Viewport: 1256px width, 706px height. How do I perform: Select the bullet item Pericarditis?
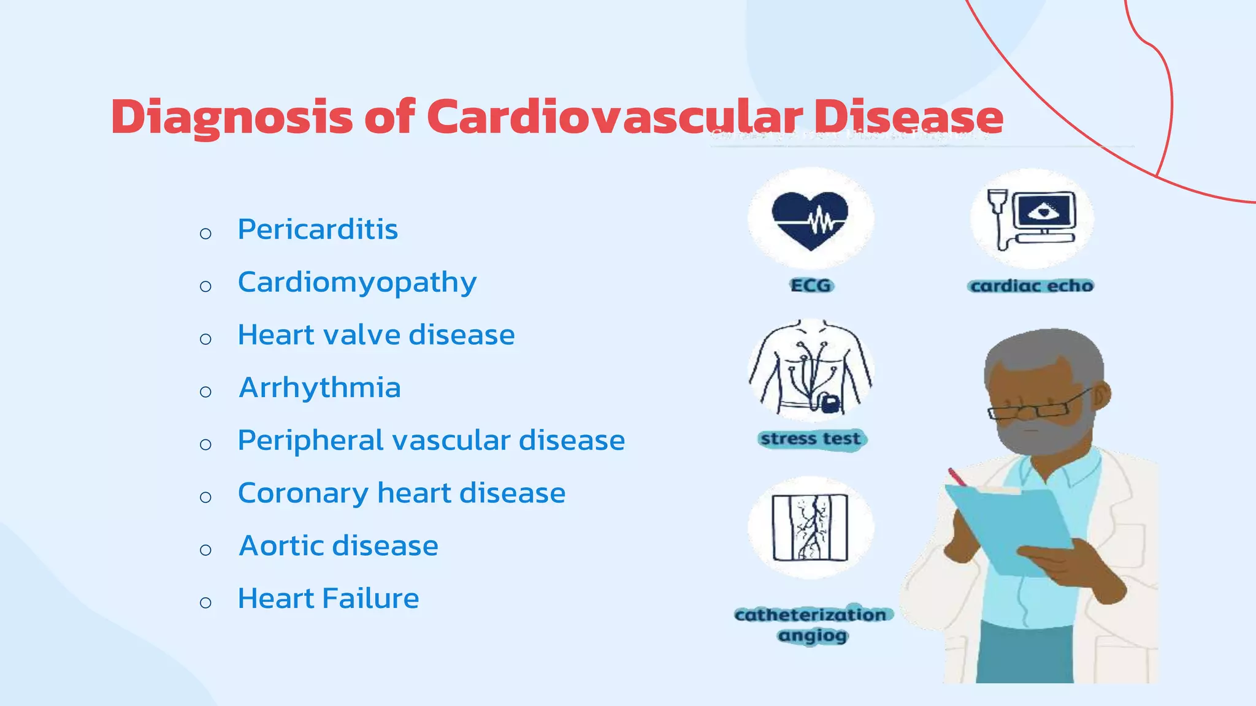(318, 229)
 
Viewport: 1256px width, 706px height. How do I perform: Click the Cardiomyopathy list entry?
(357, 283)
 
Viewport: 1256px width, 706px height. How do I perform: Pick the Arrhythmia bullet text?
(320, 387)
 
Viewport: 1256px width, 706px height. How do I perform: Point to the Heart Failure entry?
(328, 598)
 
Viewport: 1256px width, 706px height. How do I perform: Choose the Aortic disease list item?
(339, 545)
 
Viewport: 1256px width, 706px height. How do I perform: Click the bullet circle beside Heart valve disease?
(205, 339)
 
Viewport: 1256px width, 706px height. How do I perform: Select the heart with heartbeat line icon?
(810, 220)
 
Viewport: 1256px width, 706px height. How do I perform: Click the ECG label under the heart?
(811, 286)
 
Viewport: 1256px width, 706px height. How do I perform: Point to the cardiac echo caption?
(1032, 286)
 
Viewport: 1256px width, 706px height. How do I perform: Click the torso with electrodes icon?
(811, 369)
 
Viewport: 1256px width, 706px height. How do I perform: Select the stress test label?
(811, 439)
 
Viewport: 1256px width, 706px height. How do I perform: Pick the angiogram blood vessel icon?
(810, 527)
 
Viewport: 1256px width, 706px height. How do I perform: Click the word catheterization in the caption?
(810, 615)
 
